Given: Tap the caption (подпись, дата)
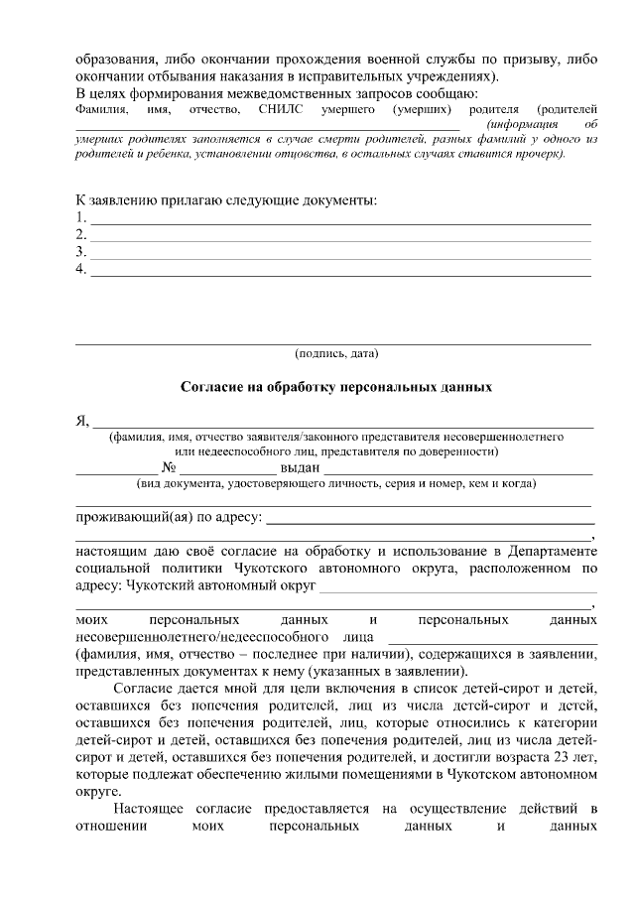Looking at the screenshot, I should tap(335, 353).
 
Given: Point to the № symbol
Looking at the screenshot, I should tap(169, 467).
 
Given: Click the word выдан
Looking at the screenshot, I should tap(300, 467).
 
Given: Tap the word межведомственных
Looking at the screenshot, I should tap(300, 92).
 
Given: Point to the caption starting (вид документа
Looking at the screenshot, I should tap(335, 484).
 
